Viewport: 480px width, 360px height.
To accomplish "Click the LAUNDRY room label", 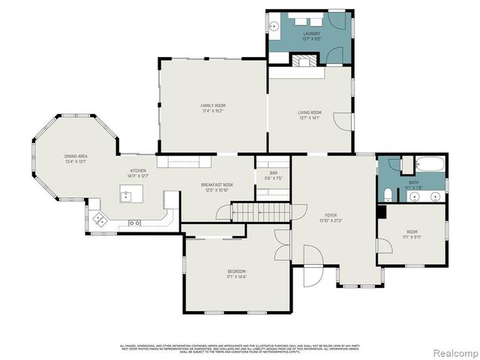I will [311, 34].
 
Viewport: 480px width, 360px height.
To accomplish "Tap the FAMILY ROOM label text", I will [213, 106].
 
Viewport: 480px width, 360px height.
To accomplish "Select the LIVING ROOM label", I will [309, 113].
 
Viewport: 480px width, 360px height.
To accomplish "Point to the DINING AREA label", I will [76, 156].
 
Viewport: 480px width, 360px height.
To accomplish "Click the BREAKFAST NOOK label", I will [217, 184].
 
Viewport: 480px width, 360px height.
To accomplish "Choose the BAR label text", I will [273, 175].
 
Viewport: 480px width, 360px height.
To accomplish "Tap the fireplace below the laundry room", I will [305, 61].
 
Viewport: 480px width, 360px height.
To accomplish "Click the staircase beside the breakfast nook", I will [256, 213].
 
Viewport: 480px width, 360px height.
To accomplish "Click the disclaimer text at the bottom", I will [240, 347].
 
